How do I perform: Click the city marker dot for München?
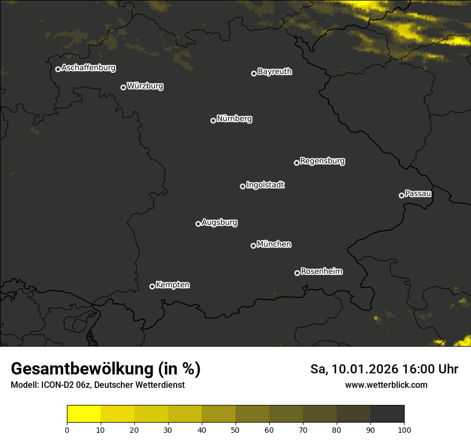click(x=253, y=246)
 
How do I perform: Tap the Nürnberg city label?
click(x=234, y=119)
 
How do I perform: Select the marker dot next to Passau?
click(x=401, y=195)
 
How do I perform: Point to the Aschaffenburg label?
click(x=88, y=68)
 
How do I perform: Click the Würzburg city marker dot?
click(x=123, y=87)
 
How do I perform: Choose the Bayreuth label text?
click(x=275, y=72)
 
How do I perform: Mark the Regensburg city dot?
click(x=297, y=163)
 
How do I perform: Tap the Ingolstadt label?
click(x=265, y=185)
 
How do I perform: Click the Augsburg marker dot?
click(x=198, y=224)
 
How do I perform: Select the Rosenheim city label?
click(x=321, y=272)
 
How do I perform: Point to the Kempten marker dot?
click(x=152, y=286)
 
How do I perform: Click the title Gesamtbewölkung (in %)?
click(x=105, y=369)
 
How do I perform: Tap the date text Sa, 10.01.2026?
click(x=355, y=369)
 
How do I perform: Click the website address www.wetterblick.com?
click(x=386, y=385)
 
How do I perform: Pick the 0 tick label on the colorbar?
click(x=67, y=430)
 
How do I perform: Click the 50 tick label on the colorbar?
click(x=236, y=430)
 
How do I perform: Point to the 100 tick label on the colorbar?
click(x=404, y=430)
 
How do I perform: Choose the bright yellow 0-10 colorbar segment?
click(x=84, y=414)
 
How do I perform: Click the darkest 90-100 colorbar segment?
click(x=387, y=414)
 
